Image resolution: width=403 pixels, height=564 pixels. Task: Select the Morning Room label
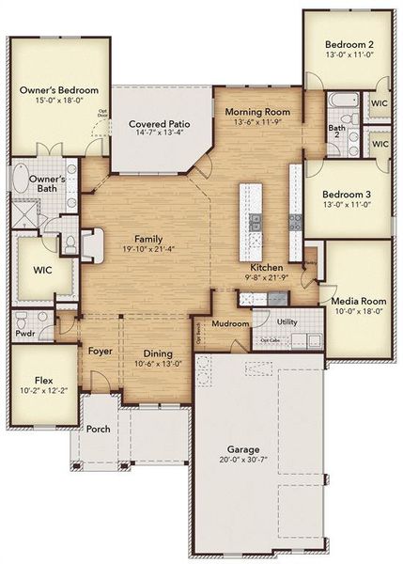coord(257,111)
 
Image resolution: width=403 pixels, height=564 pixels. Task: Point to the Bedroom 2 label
coord(349,44)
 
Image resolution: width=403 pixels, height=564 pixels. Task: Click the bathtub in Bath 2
coord(336,102)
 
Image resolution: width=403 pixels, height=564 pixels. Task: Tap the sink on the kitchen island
coord(254,222)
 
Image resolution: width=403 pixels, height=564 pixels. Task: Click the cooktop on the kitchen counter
coord(294,222)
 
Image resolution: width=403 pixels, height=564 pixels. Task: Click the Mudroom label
coord(230,323)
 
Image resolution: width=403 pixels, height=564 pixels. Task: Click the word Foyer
coord(101,352)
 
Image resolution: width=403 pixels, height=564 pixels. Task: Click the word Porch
coord(99,429)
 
